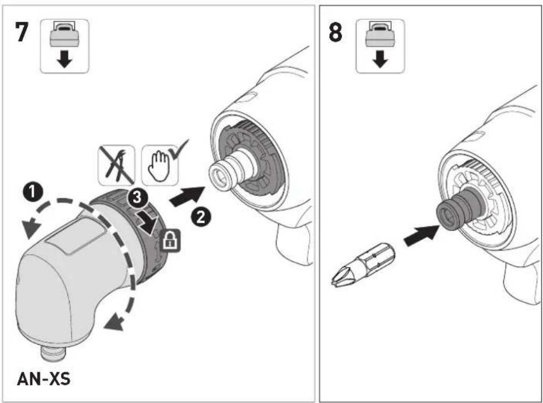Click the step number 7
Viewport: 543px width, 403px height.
tap(22, 32)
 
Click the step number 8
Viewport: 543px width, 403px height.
tap(335, 32)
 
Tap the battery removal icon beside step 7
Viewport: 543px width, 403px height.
tap(65, 46)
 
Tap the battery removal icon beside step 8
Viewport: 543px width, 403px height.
tap(380, 46)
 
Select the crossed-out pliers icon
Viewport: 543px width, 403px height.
tap(116, 165)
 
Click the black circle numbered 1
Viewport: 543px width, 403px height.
tap(32, 192)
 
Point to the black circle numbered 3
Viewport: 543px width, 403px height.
tap(137, 198)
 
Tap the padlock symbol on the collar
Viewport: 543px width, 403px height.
tap(170, 240)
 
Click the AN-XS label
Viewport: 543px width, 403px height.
tap(44, 379)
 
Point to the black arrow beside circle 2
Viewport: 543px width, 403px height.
tap(187, 197)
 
